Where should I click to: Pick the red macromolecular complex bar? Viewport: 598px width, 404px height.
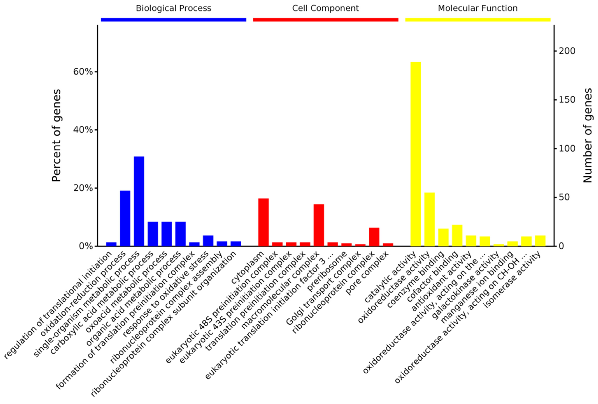click(x=319, y=225)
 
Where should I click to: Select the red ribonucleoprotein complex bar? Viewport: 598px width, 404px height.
click(x=374, y=237)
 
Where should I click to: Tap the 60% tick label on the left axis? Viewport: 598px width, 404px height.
click(x=83, y=72)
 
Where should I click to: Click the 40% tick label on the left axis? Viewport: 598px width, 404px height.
click(x=83, y=130)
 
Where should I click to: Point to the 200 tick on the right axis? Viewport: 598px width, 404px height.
click(x=567, y=51)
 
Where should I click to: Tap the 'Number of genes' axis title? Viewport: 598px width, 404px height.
click(x=588, y=136)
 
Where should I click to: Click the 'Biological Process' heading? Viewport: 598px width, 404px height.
click(x=173, y=8)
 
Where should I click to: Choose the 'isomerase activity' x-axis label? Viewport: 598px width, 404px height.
click(x=512, y=281)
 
